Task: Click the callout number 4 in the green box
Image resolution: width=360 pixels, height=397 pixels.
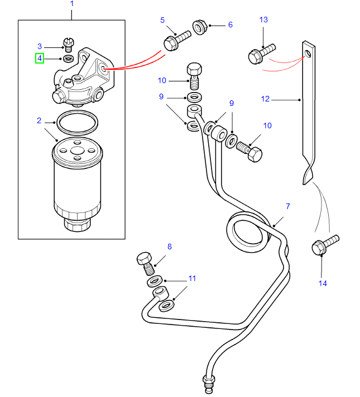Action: click(x=40, y=58)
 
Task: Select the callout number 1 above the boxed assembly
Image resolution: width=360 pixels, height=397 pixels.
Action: click(x=71, y=4)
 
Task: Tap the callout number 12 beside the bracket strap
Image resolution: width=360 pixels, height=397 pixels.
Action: click(x=265, y=99)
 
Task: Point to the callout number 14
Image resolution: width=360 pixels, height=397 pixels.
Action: click(x=323, y=283)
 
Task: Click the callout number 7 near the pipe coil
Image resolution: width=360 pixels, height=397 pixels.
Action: click(x=288, y=207)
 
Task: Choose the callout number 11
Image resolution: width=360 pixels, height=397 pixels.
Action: click(x=192, y=278)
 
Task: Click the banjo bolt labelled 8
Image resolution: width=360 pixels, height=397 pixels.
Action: click(x=145, y=262)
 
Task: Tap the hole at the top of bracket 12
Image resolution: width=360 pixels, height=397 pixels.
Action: click(x=307, y=54)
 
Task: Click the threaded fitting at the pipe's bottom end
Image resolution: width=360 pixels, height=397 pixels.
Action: click(x=209, y=383)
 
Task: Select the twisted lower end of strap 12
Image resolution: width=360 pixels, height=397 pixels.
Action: click(x=308, y=174)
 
